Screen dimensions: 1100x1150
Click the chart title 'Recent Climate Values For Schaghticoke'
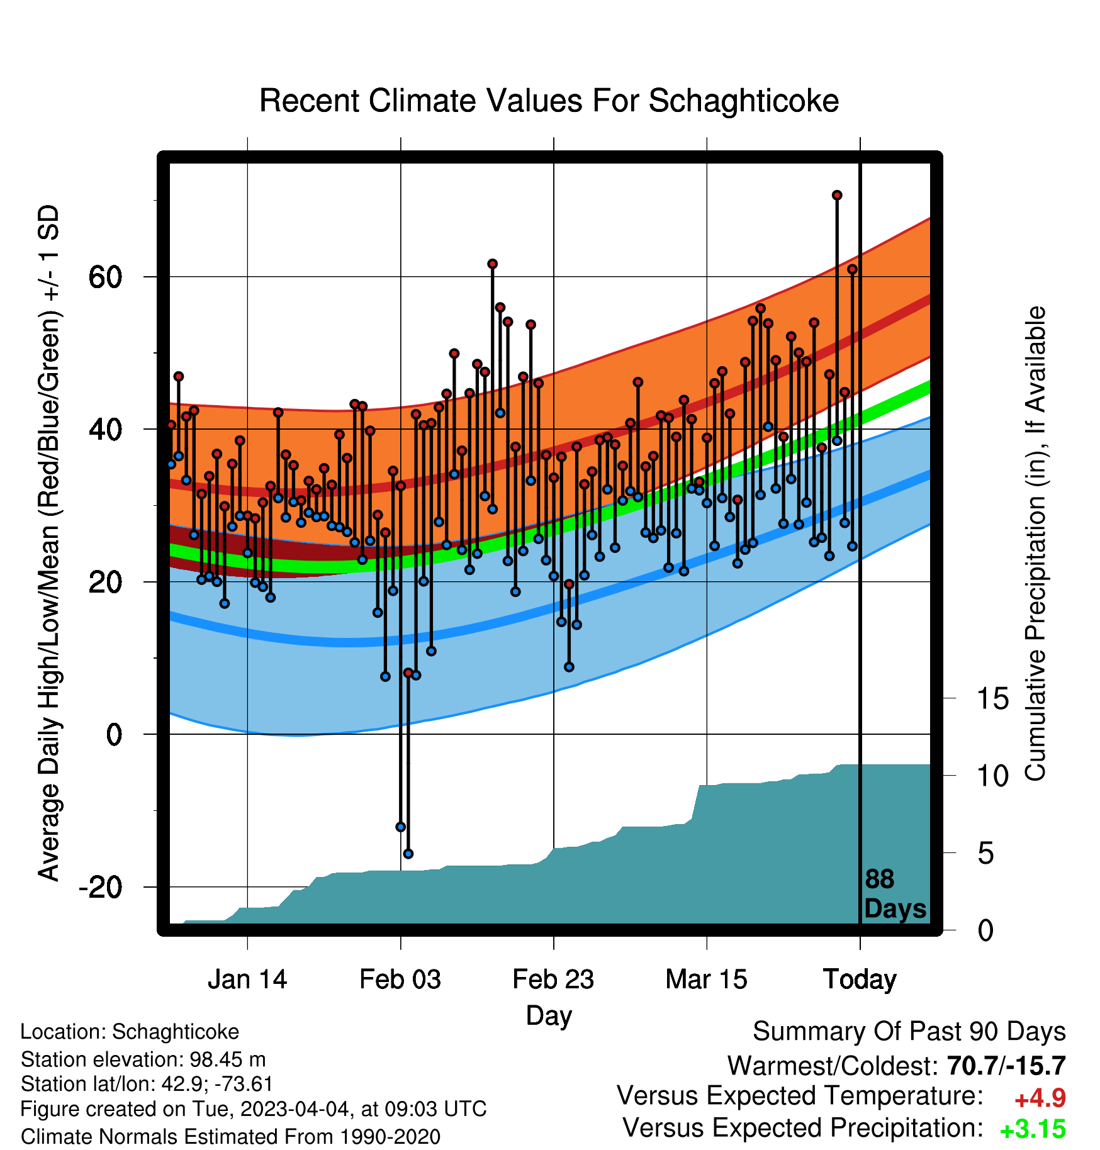click(x=549, y=101)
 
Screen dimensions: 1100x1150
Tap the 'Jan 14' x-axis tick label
click(x=247, y=980)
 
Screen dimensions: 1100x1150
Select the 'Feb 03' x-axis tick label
click(x=400, y=980)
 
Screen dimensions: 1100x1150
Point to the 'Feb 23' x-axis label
click(x=553, y=980)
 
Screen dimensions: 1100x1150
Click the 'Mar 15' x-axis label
click(x=706, y=980)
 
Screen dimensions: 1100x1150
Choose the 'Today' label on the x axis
click(x=860, y=980)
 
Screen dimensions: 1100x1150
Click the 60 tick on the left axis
click(x=105, y=277)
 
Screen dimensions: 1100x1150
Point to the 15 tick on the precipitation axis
click(x=993, y=698)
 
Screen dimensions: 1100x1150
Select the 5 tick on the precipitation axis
click(x=986, y=854)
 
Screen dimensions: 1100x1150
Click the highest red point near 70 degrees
click(x=837, y=196)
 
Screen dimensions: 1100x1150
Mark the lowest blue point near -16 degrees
click(x=408, y=854)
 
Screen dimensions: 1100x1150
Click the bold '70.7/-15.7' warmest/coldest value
click(x=1006, y=1066)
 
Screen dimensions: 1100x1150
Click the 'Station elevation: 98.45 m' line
click(x=143, y=1060)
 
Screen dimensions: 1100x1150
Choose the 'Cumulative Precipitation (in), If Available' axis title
click(x=1035, y=544)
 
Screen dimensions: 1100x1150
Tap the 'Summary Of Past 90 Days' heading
click(x=909, y=1032)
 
